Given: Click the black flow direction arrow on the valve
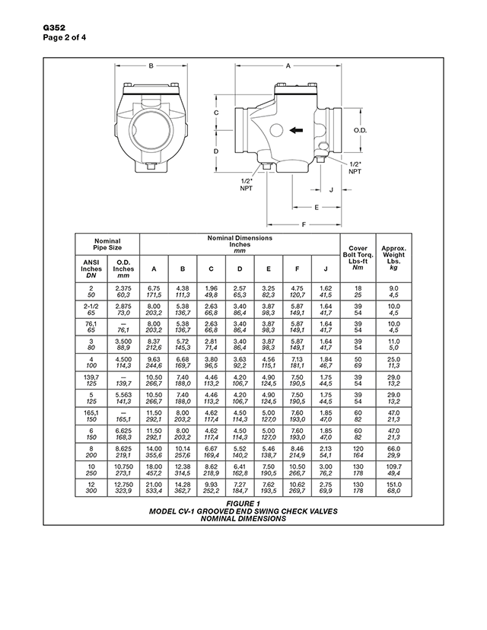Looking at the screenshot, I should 298,130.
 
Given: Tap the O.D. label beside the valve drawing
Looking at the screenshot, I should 361,130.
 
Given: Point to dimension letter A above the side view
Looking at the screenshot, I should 288,66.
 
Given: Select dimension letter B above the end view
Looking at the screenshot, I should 151,66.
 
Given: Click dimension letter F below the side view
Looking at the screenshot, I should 304,224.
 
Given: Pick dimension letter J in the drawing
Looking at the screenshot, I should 331,190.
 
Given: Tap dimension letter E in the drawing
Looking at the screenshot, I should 316,207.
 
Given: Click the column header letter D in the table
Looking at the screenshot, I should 240,268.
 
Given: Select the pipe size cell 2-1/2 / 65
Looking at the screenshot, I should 91,307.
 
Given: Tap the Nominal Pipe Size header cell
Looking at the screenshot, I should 107,243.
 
